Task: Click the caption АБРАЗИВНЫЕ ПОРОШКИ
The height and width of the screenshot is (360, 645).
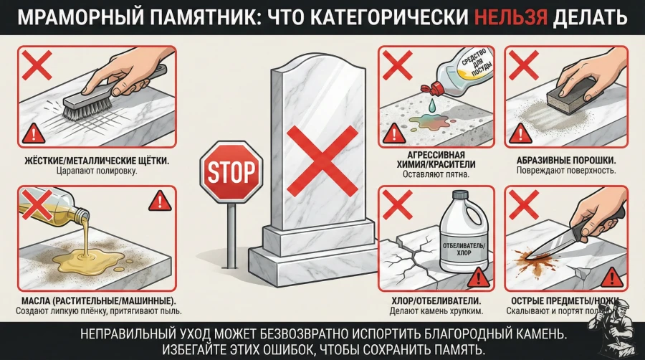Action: pyautogui.click(x=566, y=161)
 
